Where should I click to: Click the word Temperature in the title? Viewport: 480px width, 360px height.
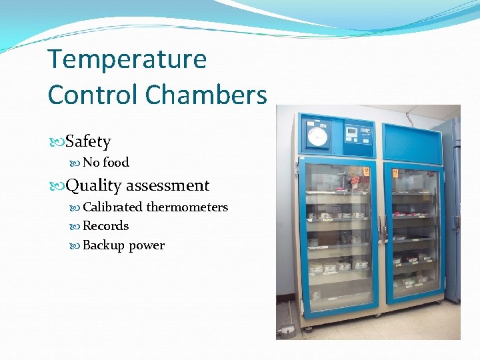[127, 60]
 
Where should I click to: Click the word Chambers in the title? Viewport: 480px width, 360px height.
[205, 95]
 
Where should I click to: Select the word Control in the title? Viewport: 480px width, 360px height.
[93, 95]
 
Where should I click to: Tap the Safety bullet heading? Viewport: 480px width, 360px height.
[88, 141]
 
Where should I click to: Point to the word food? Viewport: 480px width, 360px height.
[116, 162]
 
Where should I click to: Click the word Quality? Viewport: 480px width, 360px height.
[93, 185]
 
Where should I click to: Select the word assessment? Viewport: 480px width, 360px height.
[167, 185]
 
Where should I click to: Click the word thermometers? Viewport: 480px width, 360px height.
[187, 207]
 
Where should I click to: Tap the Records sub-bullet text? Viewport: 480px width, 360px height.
[105, 226]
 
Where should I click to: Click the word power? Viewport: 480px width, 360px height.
[147, 245]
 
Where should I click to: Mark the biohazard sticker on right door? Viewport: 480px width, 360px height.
[395, 173]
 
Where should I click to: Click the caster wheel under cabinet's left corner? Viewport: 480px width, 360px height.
[308, 328]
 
